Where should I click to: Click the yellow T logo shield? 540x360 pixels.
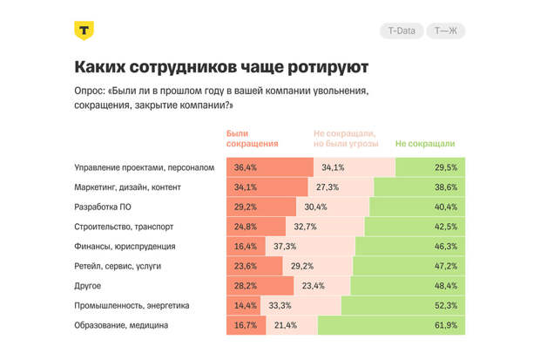84,31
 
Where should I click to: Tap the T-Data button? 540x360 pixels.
401,31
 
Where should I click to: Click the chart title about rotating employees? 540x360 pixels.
220,67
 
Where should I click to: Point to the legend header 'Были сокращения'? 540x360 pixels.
253,138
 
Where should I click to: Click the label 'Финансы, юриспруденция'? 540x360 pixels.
126,247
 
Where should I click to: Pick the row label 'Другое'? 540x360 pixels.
89,286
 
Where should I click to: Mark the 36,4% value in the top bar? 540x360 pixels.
246,167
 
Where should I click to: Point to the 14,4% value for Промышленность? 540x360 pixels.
246,305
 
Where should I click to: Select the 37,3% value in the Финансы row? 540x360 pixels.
285,247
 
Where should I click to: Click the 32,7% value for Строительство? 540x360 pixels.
305,227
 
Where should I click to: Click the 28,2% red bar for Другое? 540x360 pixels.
246,286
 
